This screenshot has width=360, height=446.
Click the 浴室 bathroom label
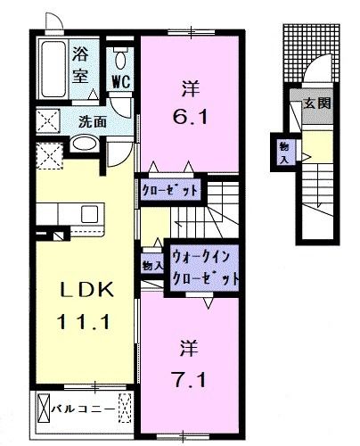pyautogui.click(x=80, y=63)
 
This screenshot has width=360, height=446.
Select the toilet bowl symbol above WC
pyautogui.click(x=120, y=58)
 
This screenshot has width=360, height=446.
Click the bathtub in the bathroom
pyautogui.click(x=53, y=64)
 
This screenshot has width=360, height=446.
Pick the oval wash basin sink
pyautogui.click(x=85, y=145)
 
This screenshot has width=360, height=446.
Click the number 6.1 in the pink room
pyautogui.click(x=192, y=117)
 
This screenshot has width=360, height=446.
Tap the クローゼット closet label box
pyautogui.click(x=170, y=188)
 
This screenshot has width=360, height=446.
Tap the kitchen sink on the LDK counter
pyautogui.click(x=89, y=214)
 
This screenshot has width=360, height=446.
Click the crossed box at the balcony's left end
pyautogui.click(x=45, y=411)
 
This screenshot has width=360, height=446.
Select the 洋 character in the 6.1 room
pyautogui.click(x=190, y=88)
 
